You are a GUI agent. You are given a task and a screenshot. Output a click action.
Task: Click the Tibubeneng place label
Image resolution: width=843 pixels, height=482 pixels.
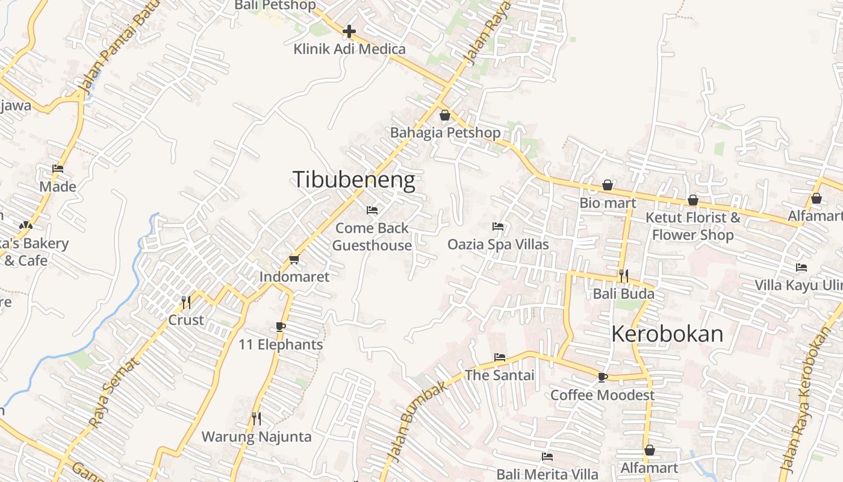click(x=353, y=180)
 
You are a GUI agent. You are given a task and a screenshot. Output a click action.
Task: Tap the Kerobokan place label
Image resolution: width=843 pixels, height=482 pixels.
click(x=667, y=334)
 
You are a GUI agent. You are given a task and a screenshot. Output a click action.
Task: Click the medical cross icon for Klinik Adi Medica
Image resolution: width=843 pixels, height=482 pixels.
click(x=349, y=31)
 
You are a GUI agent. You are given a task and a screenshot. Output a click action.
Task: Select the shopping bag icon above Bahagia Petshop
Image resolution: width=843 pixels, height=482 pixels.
click(x=445, y=114)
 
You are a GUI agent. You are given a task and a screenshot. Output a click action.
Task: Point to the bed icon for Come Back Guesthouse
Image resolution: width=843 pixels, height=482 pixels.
click(x=372, y=210)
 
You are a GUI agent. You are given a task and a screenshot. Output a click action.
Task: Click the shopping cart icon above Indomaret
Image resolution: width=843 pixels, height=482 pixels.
click(x=294, y=259)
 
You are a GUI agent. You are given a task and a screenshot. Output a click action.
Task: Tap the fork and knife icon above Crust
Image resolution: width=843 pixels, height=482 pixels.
click(x=186, y=302)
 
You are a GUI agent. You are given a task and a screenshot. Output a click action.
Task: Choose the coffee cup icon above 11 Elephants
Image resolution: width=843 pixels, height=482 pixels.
click(x=280, y=327)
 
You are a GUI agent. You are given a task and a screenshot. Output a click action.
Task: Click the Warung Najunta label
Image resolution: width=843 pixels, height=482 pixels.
click(x=257, y=437)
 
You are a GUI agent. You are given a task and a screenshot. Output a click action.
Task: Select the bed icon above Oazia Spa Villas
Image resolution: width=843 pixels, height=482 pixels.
click(x=498, y=227)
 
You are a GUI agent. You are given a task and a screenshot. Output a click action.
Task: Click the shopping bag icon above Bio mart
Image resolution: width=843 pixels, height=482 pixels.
click(x=608, y=185)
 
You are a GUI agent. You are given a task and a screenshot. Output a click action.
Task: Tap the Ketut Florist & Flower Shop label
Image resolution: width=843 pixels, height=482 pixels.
click(x=693, y=226)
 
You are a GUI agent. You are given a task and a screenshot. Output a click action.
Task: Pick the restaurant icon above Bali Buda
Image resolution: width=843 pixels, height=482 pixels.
click(x=624, y=276)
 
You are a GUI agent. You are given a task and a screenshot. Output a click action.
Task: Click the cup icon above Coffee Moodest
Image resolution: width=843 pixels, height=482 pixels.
click(x=602, y=377)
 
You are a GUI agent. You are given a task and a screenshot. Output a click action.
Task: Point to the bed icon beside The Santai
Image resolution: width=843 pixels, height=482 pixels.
click(x=500, y=357)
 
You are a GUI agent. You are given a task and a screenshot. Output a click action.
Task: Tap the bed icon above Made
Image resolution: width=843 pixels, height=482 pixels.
click(x=58, y=169)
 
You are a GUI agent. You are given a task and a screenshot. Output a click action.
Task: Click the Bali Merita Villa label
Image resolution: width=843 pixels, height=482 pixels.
click(x=547, y=474)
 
